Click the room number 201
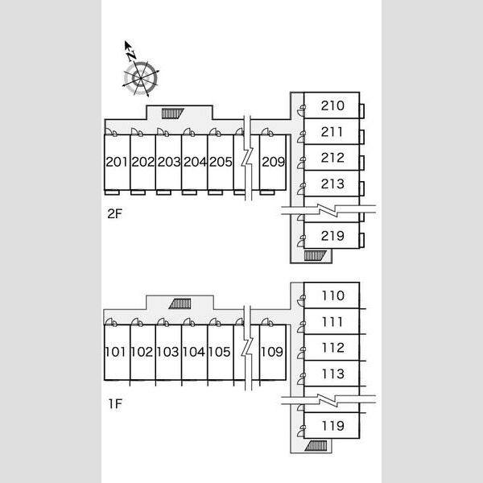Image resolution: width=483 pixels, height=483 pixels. coord(117,162)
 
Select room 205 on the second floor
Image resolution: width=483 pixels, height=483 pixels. coord(221,162)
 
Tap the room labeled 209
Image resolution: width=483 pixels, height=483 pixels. coord(273,162)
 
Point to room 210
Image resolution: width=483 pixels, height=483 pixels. coord(332,105)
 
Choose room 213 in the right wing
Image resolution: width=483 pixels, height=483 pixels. coord(332,184)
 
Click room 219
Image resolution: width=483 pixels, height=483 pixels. coord(332,236)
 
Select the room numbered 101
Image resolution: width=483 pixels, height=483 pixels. coord(115,352)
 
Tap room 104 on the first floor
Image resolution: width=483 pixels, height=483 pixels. coord(194,352)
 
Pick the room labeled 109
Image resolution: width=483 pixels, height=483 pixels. coord(272,352)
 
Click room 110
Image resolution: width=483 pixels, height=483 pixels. coord(333,295)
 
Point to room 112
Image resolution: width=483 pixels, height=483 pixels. coord(333,348)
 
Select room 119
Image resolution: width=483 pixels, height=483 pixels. coord(333,426)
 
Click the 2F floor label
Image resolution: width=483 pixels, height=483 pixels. coord(114,213)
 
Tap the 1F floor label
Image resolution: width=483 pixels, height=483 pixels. coord(115,403)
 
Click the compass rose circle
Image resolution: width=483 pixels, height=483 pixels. coord(141,78)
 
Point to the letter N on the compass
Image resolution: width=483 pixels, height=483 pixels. coord(132,55)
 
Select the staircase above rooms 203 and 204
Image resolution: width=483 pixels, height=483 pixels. coord(172,114)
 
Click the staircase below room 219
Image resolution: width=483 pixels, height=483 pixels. coord(315,256)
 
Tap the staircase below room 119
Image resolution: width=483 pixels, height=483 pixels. coord(316,446)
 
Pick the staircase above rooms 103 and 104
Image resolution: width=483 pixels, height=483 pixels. coord(180,303)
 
